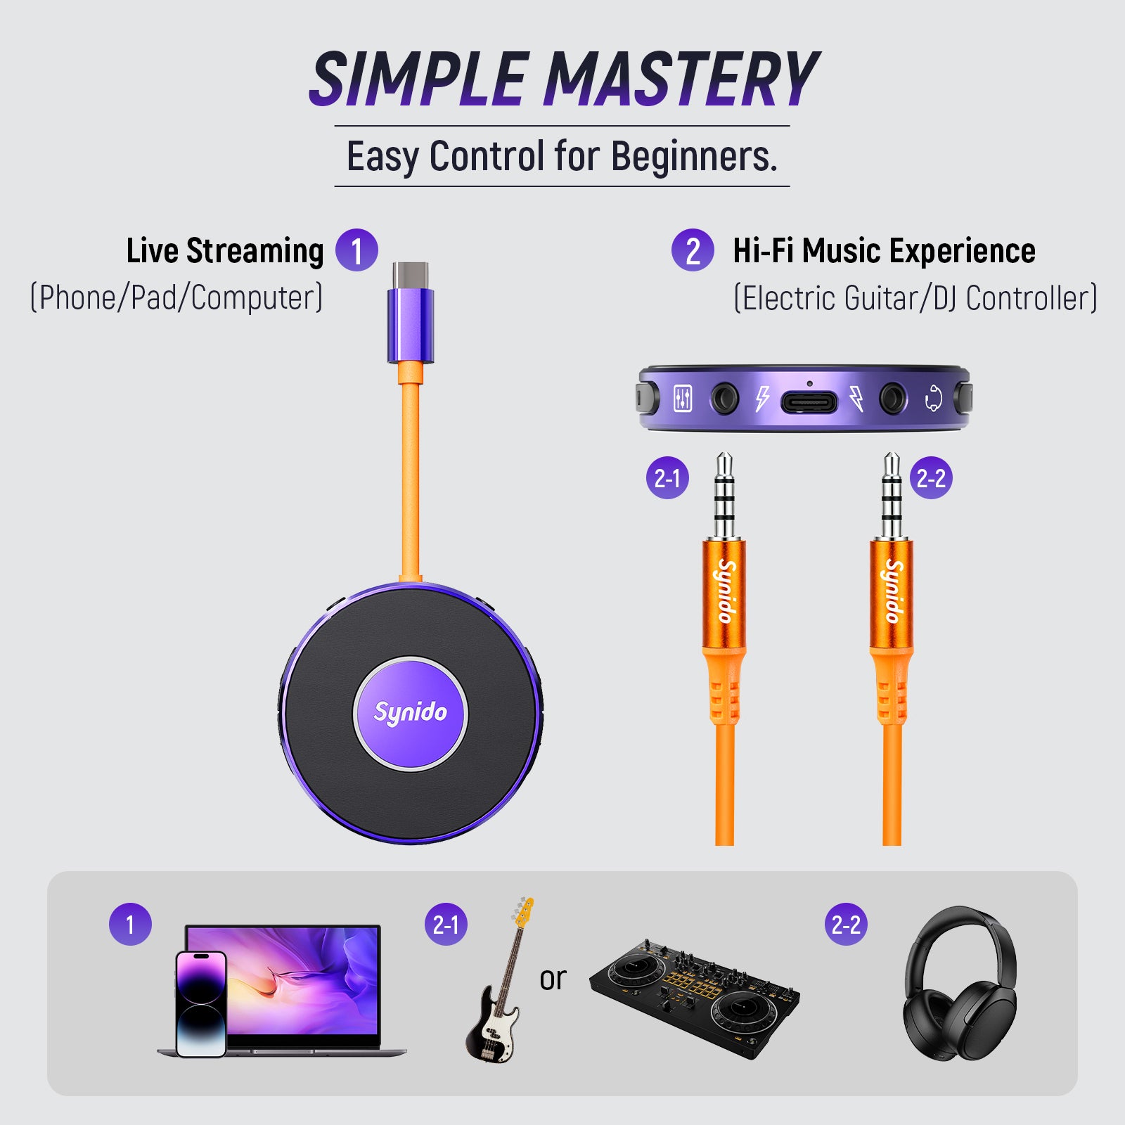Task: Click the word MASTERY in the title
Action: [681, 79]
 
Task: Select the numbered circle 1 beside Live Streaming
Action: [356, 250]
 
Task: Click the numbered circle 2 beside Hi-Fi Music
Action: [693, 250]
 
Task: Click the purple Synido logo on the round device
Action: [410, 713]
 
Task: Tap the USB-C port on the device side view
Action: [809, 402]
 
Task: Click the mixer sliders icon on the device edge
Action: [683, 399]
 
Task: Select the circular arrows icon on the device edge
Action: [933, 399]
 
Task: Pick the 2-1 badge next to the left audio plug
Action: [667, 478]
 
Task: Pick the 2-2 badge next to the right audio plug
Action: [931, 478]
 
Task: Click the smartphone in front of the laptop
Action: [201, 1004]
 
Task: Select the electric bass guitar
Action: [498, 984]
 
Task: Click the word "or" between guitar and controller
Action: [553, 979]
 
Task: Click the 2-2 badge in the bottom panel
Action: [846, 924]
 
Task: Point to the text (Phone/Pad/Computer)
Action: [176, 297]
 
